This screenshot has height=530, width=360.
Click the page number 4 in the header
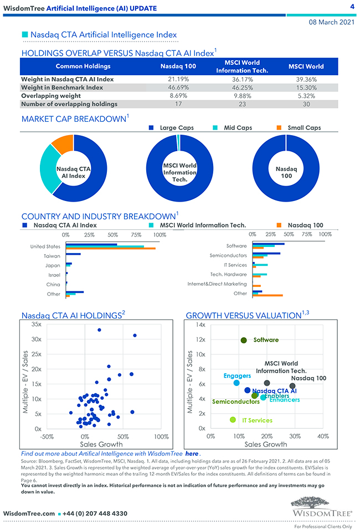click(x=352, y=7)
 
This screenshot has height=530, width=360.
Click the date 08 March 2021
click(x=331, y=22)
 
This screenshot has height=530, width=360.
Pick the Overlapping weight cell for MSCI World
click(x=306, y=96)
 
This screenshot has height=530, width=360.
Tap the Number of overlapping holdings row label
click(x=69, y=104)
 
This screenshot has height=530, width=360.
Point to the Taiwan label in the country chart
click(x=52, y=256)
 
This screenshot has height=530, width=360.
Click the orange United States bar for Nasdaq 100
click(x=110, y=249)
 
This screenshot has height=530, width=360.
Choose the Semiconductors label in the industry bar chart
click(x=228, y=255)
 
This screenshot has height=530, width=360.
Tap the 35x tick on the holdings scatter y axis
click(x=37, y=324)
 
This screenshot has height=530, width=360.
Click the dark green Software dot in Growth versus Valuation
click(x=244, y=340)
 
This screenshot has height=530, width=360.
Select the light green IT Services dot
click(x=233, y=420)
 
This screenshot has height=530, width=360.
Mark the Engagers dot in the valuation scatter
click(x=236, y=383)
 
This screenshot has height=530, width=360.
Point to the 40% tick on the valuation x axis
click(x=323, y=436)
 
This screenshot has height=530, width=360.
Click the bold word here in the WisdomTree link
click(x=192, y=454)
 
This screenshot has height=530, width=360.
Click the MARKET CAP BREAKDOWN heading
click(x=74, y=119)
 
